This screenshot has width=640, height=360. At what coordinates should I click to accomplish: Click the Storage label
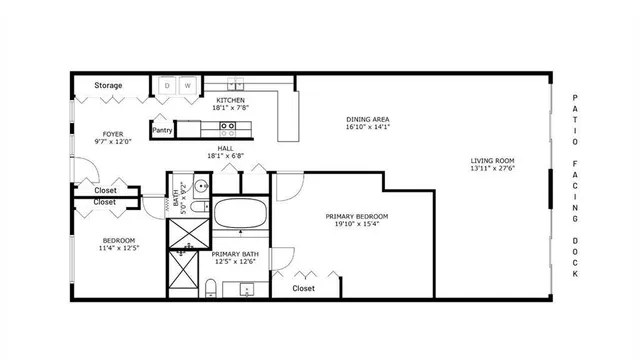(x=109, y=86)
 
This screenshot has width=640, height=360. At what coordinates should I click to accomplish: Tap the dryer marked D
(x=167, y=86)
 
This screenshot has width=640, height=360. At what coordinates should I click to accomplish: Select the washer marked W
(x=186, y=86)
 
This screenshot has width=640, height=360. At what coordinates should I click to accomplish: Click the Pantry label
(x=161, y=130)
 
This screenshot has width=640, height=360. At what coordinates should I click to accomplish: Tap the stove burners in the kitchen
(x=228, y=127)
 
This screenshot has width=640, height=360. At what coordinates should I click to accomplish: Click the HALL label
(x=226, y=146)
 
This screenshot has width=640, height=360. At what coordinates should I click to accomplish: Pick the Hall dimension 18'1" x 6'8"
(x=226, y=155)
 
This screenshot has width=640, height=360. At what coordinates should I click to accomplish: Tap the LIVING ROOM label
(x=493, y=160)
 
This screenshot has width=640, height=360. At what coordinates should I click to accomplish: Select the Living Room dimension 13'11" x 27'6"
(x=493, y=169)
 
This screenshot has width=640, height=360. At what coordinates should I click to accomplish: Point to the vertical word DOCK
(x=575, y=258)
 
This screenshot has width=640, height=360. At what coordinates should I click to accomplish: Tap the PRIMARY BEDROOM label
(x=357, y=217)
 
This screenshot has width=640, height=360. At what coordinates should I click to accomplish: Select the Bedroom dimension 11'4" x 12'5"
(x=119, y=248)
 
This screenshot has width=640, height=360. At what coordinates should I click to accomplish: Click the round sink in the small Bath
(x=199, y=186)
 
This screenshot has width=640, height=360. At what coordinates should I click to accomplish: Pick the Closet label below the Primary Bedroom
(x=303, y=288)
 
